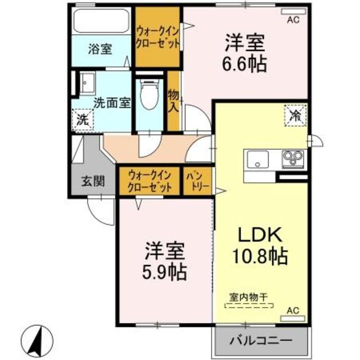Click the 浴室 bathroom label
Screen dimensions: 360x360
[100, 49]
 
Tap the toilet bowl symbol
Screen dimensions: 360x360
[148, 94]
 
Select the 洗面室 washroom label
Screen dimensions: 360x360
[112, 102]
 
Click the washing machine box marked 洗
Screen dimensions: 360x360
[83, 119]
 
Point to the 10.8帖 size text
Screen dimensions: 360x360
[260, 257]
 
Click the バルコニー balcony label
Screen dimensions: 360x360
[261, 341]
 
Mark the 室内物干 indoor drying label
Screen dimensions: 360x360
[249, 296]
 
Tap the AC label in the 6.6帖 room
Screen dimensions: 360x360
[293, 20]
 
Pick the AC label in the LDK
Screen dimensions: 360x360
[293, 310]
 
